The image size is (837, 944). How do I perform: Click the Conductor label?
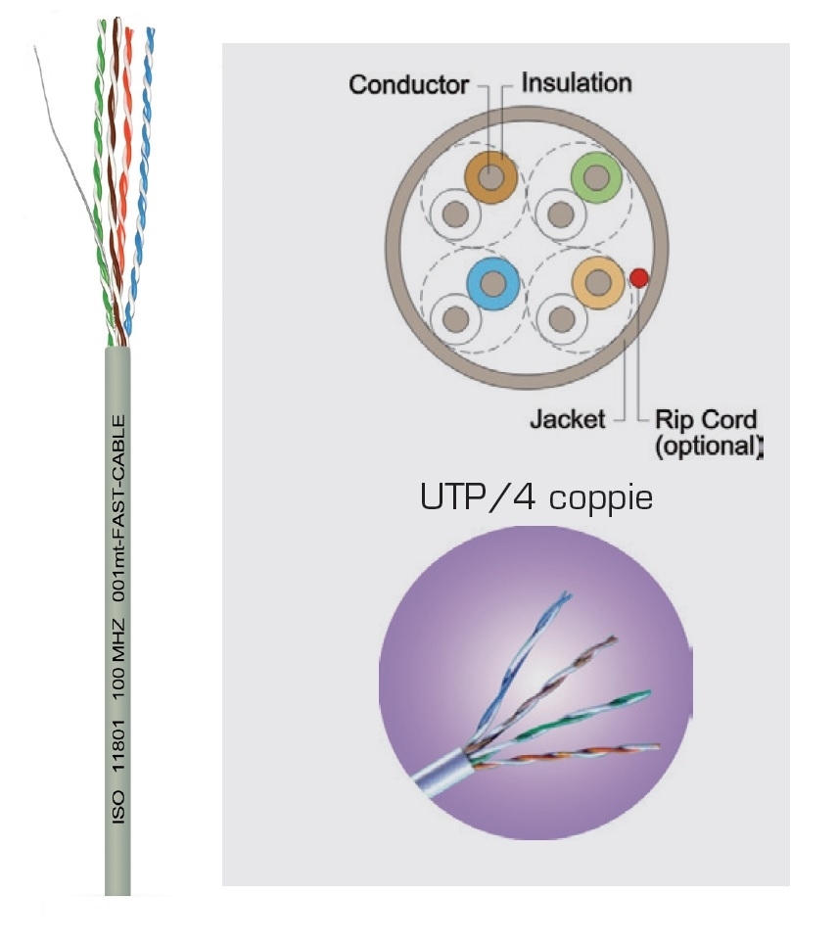408,85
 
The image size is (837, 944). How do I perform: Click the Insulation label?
576,82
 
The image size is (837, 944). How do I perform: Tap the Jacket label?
566,420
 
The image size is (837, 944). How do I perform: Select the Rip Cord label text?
705,420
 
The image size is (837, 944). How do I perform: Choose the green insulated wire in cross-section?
596,177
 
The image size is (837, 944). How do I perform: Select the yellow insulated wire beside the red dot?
597,283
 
